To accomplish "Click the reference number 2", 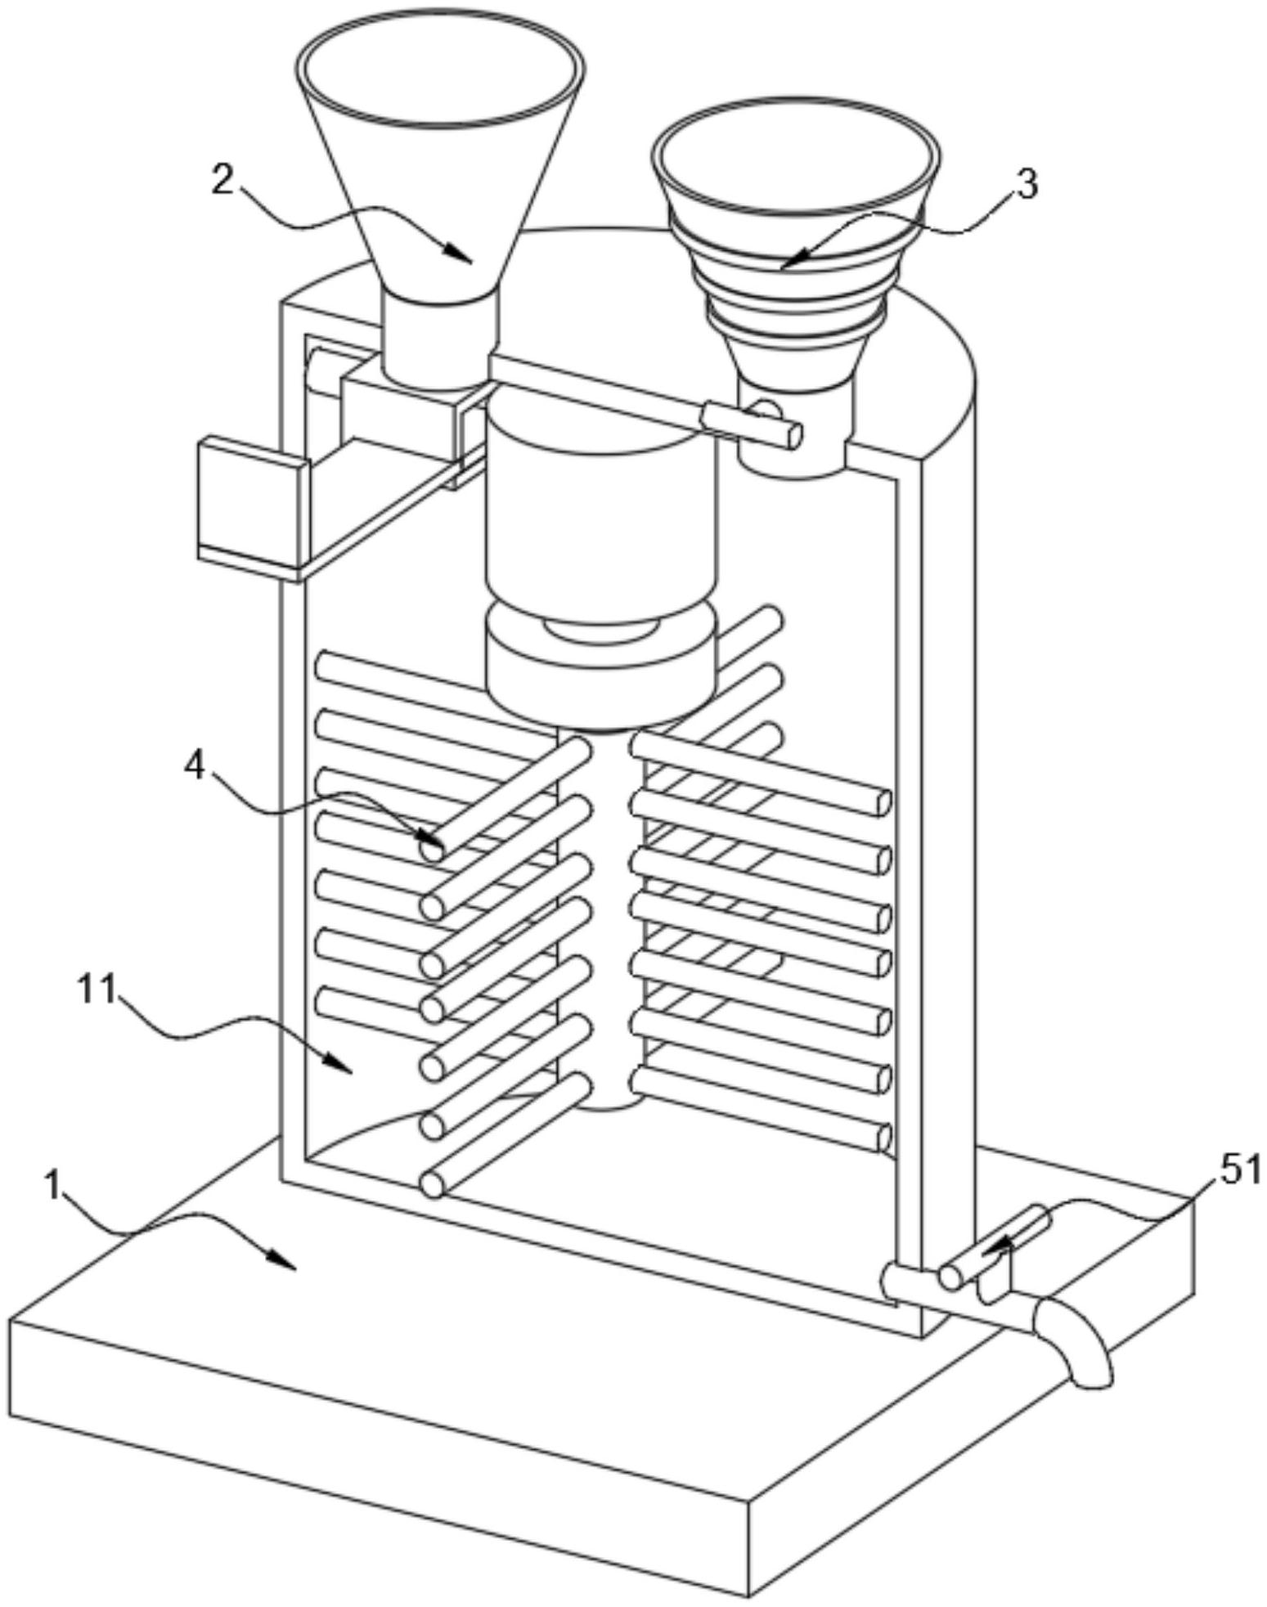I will click(x=222, y=179).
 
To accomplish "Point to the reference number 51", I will click(x=1240, y=1171).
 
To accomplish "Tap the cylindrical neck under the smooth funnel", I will click(x=440, y=339).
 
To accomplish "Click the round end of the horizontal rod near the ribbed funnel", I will click(x=792, y=435).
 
